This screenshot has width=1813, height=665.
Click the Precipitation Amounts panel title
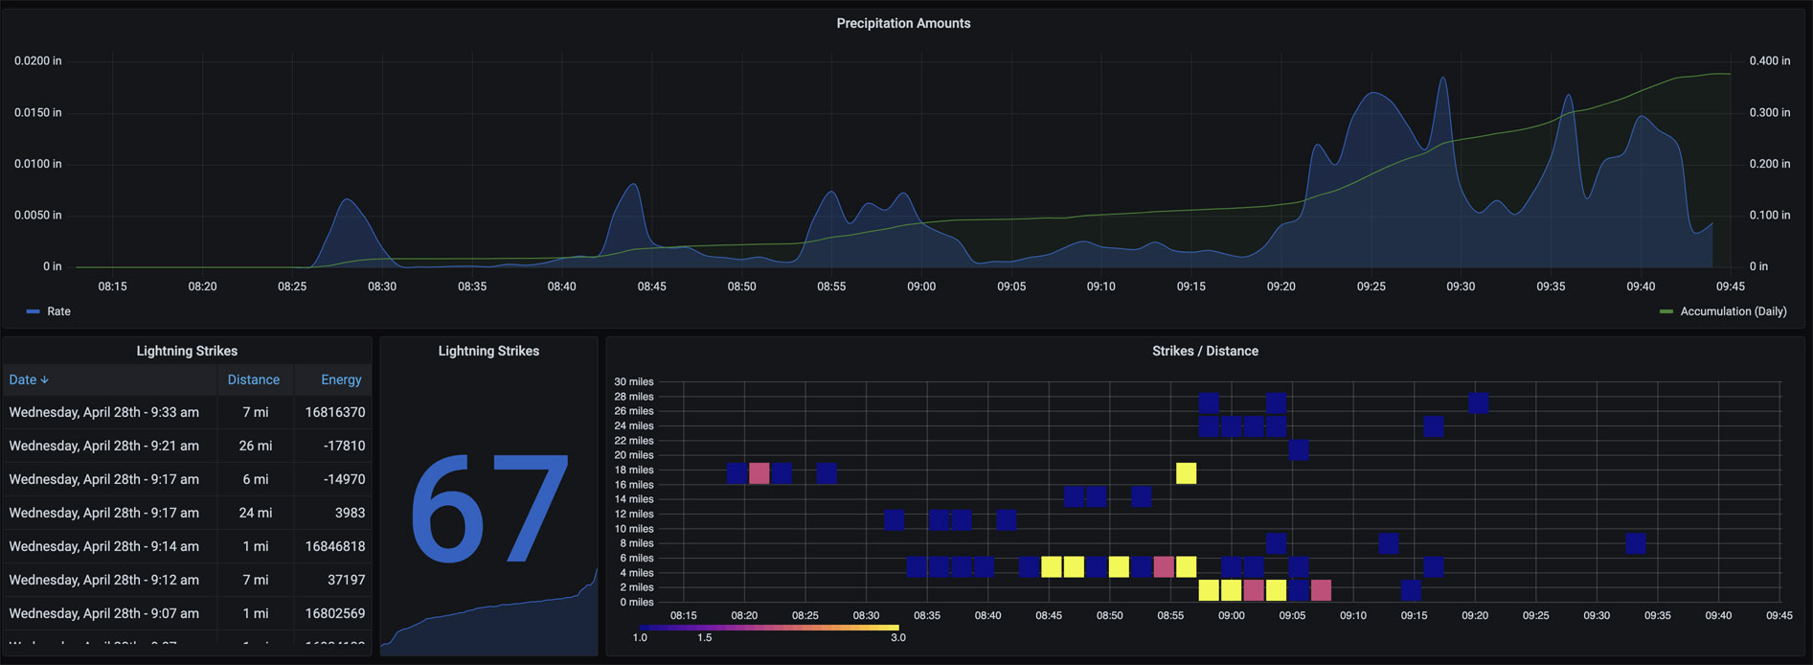[x=903, y=23]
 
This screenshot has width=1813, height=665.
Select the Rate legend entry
[x=57, y=311]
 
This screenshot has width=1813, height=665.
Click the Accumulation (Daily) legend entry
[x=1733, y=311]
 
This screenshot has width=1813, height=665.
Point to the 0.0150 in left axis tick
[x=37, y=113]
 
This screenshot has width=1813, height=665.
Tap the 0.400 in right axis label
[x=1769, y=61]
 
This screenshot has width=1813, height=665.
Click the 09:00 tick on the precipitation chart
[x=921, y=287]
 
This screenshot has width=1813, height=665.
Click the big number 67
[x=489, y=510]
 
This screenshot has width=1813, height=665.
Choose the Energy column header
[x=341, y=380]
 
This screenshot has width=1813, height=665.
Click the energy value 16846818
[x=335, y=546]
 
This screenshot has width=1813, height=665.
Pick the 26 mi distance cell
[x=255, y=446]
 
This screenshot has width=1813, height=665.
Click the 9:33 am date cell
[x=104, y=412]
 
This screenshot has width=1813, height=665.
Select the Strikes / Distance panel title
[x=1205, y=352]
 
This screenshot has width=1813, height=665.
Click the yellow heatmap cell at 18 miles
[x=1186, y=473]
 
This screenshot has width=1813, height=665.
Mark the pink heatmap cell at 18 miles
[x=759, y=473]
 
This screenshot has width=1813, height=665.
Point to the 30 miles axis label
[x=633, y=382]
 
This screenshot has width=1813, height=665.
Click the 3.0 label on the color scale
[x=897, y=638]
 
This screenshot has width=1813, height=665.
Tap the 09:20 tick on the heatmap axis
[x=1475, y=615]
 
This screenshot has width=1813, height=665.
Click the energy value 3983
[x=350, y=513]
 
